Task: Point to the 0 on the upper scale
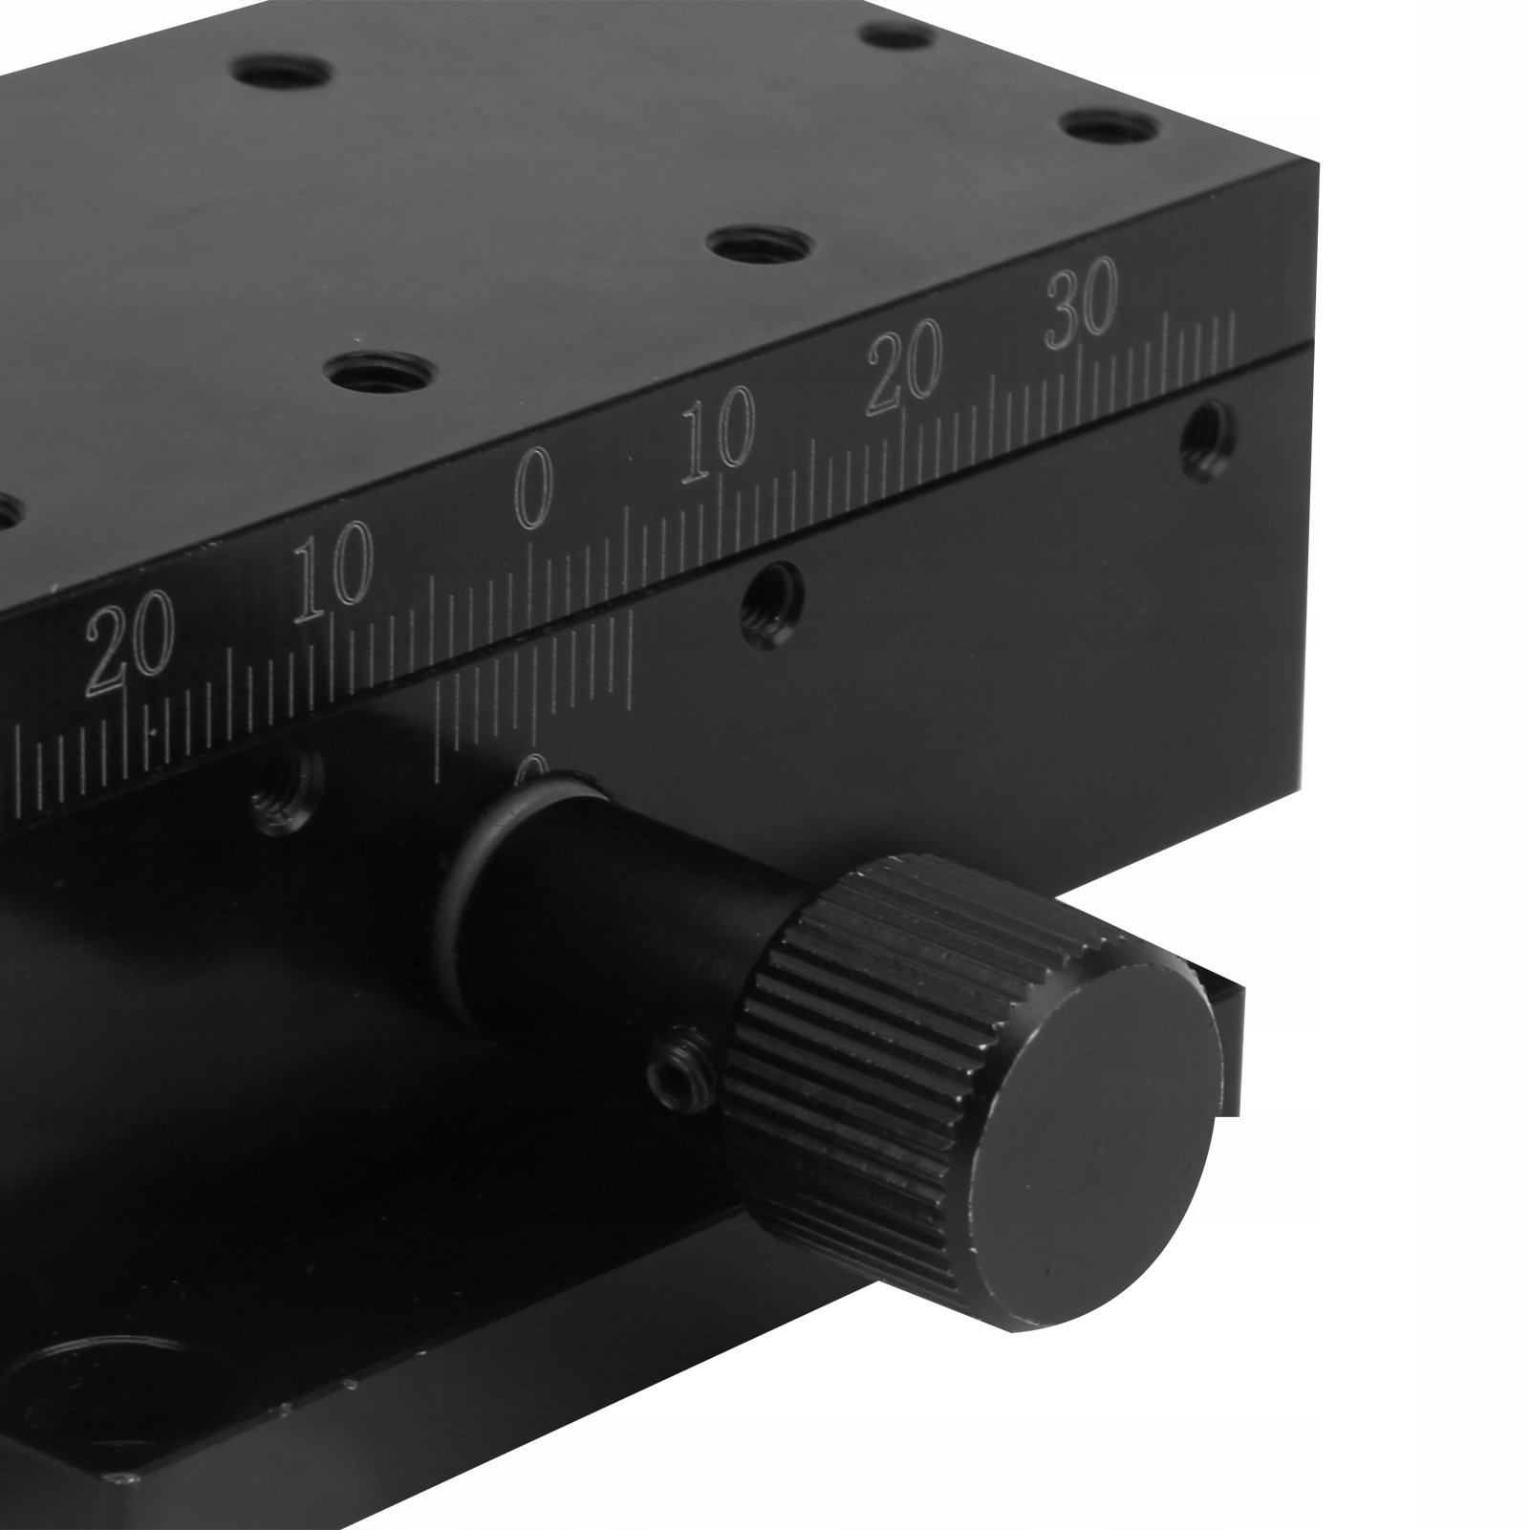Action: coord(533,492)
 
